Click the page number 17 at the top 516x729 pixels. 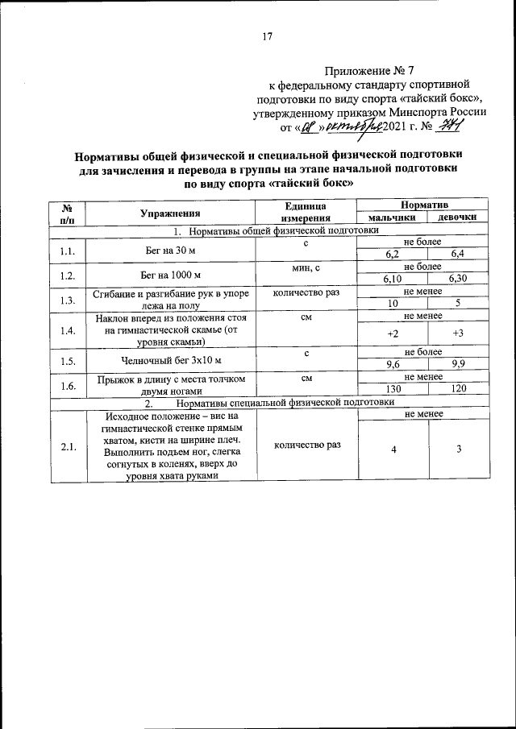click(268, 35)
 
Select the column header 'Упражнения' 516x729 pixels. click(169, 213)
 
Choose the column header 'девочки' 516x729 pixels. click(458, 218)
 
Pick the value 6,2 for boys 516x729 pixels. click(393, 255)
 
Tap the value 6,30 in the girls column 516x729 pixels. click(458, 279)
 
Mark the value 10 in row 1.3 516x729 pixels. click(393, 303)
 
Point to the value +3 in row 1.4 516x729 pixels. click(458, 333)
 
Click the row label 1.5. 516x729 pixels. click(67, 360)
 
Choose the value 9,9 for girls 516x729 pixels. click(458, 363)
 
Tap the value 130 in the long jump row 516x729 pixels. click(393, 387)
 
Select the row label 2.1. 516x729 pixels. click(67, 447)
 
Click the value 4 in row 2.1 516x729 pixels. click(393, 449)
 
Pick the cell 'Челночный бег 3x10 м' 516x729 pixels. click(170, 360)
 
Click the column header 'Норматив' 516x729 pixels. click(424, 206)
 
